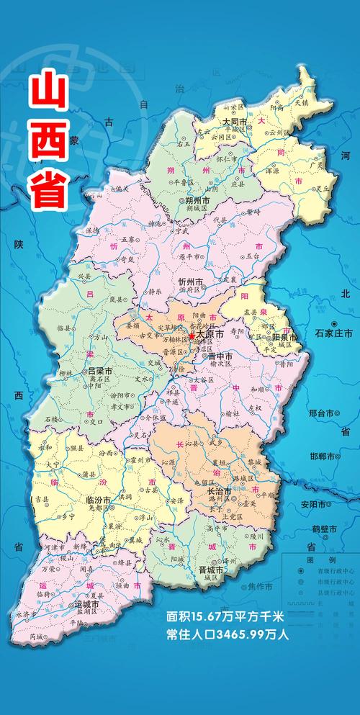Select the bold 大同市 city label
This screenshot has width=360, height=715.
point(235,122)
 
